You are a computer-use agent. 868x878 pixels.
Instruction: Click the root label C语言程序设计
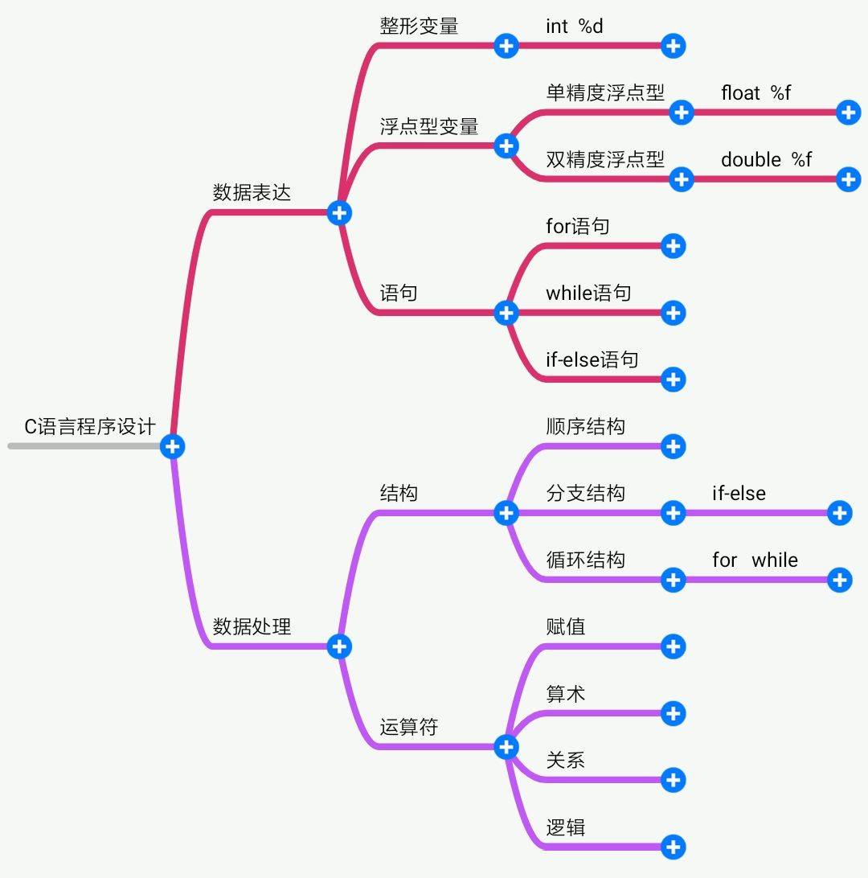point(89,426)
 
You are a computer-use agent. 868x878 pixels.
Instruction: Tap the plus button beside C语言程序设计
point(172,446)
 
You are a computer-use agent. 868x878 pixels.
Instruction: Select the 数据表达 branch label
point(252,193)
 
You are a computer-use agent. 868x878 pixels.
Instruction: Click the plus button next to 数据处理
point(339,646)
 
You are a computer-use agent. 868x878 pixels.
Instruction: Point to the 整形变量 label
point(419,27)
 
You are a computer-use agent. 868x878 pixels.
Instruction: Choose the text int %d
point(574,27)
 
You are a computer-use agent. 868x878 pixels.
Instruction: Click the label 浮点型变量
point(429,126)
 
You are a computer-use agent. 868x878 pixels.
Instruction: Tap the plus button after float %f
point(848,112)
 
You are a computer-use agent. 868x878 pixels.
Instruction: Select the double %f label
point(766,160)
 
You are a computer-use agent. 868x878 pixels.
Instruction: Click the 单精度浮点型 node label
point(605,93)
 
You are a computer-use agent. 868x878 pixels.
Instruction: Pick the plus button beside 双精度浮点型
point(681,178)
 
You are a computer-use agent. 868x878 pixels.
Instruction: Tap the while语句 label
point(588,293)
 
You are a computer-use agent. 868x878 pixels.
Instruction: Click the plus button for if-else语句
point(673,379)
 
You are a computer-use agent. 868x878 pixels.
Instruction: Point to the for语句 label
point(577,227)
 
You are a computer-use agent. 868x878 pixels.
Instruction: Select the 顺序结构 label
point(585,427)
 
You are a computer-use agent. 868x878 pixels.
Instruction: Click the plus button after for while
point(839,580)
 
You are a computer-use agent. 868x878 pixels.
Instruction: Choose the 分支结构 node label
point(585,494)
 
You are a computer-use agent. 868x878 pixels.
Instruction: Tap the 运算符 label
point(409,728)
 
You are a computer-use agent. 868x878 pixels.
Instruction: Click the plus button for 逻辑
point(673,846)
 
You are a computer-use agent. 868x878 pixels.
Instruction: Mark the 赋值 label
point(566,626)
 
